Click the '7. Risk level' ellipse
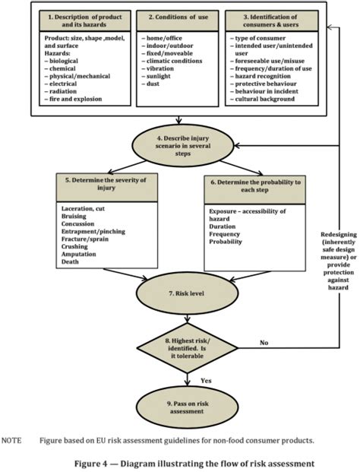tap(187, 293)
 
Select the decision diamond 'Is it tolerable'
tap(188, 348)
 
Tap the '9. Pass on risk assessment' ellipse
tap(187, 407)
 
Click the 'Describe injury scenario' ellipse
tap(183, 146)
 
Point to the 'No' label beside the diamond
tap(264, 343)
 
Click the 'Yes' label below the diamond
tap(206, 381)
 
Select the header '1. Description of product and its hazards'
tap(85, 21)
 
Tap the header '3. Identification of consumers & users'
tap(272, 21)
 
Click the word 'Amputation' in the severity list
tap(79, 254)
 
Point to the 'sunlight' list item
tap(156, 76)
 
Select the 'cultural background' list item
tap(263, 99)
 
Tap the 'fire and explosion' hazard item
tap(74, 99)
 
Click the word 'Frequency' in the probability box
tap(224, 234)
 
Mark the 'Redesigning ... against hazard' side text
tap(338, 261)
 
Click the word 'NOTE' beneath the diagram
tap(11, 440)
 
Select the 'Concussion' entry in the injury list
tap(78, 223)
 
